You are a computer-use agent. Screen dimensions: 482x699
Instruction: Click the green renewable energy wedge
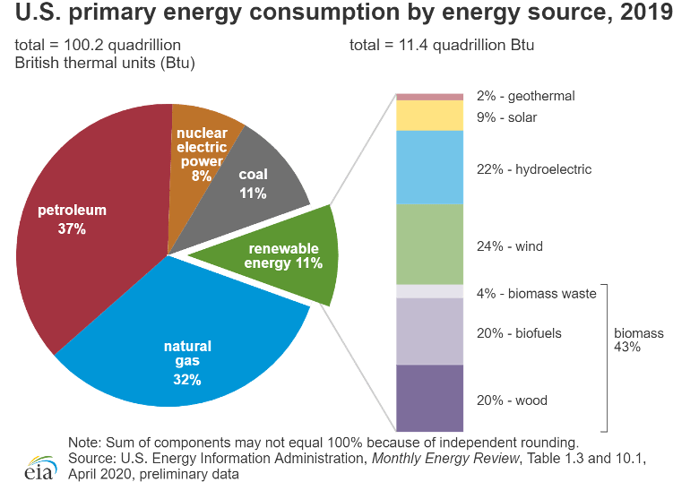click(x=282, y=255)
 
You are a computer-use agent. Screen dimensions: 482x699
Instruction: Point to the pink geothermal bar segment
click(x=429, y=97)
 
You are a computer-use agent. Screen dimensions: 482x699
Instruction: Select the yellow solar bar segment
click(x=429, y=116)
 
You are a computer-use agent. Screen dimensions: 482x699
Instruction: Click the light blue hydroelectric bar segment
click(x=429, y=168)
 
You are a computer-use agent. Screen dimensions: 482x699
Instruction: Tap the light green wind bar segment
click(x=429, y=245)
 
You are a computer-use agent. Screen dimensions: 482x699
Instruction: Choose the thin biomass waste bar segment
click(x=429, y=292)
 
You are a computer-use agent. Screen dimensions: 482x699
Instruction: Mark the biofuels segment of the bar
click(x=429, y=331)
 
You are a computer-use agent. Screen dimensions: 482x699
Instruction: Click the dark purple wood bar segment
click(x=429, y=399)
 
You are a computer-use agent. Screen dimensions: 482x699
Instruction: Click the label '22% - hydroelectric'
click(x=533, y=169)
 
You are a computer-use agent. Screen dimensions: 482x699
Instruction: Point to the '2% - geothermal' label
click(x=525, y=96)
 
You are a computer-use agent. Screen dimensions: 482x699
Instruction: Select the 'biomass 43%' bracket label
click(x=639, y=340)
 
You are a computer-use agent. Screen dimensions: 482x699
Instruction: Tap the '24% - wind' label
click(x=510, y=246)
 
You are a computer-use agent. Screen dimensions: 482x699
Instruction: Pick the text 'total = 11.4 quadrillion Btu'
click(x=441, y=45)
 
